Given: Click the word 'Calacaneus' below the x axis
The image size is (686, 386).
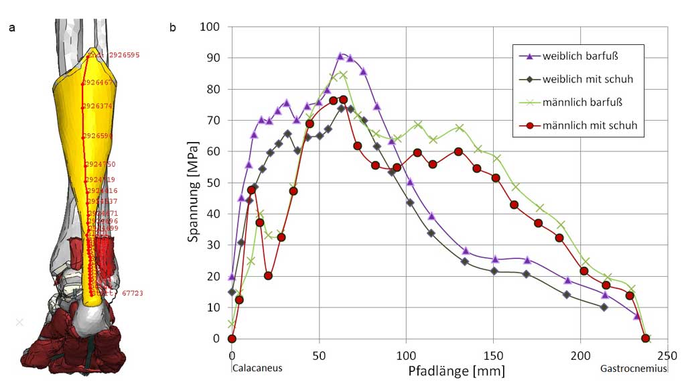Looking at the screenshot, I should [257, 368].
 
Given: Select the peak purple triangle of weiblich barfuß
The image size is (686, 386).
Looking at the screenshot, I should [340, 56].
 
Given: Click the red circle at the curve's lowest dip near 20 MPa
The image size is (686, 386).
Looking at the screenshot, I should [268, 275].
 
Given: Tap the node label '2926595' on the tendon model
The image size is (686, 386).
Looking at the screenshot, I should [124, 55].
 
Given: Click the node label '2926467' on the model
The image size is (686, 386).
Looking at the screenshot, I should [98, 82].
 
